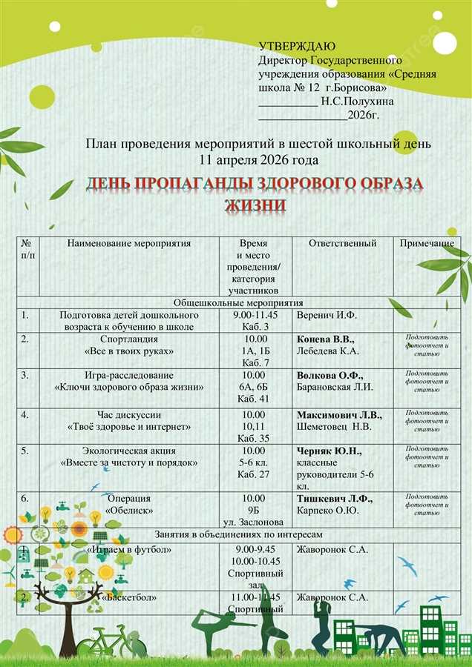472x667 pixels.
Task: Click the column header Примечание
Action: (427, 243)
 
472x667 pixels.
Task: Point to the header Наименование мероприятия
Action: (129, 243)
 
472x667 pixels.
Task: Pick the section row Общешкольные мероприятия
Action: (238, 303)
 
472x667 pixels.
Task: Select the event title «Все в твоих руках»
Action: (129, 351)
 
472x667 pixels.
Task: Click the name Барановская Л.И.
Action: (335, 386)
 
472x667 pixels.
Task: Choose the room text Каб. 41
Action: (254, 398)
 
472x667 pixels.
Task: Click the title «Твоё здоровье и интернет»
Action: (129, 427)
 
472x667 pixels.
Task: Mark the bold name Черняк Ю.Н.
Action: (329, 451)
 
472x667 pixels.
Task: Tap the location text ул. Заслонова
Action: (254, 522)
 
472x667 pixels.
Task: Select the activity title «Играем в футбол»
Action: (129, 550)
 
